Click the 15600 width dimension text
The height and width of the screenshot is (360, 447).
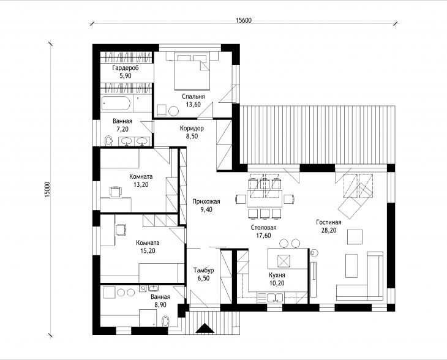point(244,20)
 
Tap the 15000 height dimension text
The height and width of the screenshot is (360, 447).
point(47,189)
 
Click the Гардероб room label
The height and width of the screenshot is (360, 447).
point(126,68)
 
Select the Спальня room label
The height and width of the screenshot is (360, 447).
point(193,96)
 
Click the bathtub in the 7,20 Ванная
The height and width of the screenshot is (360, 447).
point(116,103)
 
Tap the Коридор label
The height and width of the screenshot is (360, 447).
point(192,129)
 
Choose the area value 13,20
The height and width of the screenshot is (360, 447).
point(141,184)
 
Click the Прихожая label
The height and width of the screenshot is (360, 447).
point(206,201)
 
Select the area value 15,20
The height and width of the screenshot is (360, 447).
point(148,251)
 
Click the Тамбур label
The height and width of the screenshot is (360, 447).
point(203,270)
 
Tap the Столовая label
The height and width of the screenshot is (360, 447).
point(264,228)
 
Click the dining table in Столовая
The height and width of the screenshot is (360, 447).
point(265,198)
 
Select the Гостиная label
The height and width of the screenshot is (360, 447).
point(329,222)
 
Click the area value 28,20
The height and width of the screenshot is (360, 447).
point(329,230)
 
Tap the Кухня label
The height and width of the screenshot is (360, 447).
point(277,275)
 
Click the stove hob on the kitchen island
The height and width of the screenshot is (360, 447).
point(284,261)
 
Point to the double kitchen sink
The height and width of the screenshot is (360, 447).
point(275,298)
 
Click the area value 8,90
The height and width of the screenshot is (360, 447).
point(160,305)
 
